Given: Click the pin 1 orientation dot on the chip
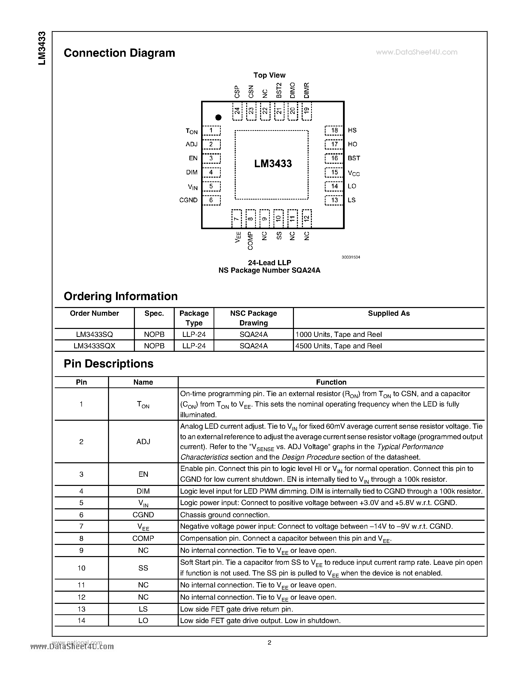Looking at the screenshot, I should pyautogui.click(x=218, y=117).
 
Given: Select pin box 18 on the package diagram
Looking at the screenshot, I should pyautogui.click(x=334, y=130).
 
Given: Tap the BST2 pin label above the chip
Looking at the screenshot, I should pyautogui.click(x=279, y=90).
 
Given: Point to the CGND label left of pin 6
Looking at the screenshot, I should pyautogui.click(x=188, y=200).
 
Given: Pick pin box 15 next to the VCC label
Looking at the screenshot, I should pyautogui.click(x=334, y=172).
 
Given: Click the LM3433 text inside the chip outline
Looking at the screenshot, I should pyautogui.click(x=273, y=163).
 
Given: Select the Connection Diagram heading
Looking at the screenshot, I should pyautogui.click(x=119, y=53).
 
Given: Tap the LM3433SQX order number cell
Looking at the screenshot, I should pyautogui.click(x=94, y=346).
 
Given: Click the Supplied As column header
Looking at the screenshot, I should pyautogui.click(x=389, y=313).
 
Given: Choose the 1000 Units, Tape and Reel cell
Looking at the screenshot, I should pyautogui.click(x=338, y=334).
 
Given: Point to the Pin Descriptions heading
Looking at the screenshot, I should pyautogui.click(x=109, y=364).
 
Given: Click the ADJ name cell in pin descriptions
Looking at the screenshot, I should pyautogui.click(x=143, y=441).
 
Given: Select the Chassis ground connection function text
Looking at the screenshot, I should pyautogui.click(x=225, y=515).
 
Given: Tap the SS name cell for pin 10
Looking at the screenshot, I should pyautogui.click(x=143, y=568).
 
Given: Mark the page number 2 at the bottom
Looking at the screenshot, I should pyautogui.click(x=269, y=642).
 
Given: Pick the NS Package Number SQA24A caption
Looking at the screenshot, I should pyautogui.click(x=269, y=270).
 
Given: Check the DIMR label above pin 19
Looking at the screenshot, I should pyautogui.click(x=307, y=90).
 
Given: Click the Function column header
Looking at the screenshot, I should pyautogui.click(x=331, y=382).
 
